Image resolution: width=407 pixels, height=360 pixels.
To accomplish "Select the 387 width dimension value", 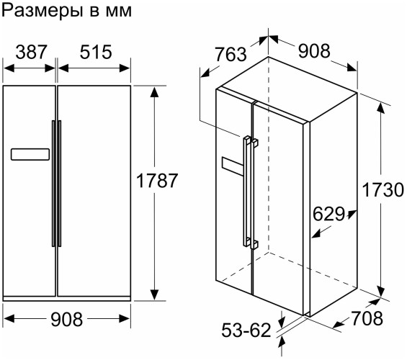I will [x=30, y=52].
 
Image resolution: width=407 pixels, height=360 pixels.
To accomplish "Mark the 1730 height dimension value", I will [x=381, y=192].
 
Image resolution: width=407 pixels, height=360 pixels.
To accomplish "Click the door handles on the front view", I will [x=56, y=184].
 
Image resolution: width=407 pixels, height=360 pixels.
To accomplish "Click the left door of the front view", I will [x=29, y=216].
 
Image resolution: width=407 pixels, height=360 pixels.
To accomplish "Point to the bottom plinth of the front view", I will [x=67, y=298].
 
